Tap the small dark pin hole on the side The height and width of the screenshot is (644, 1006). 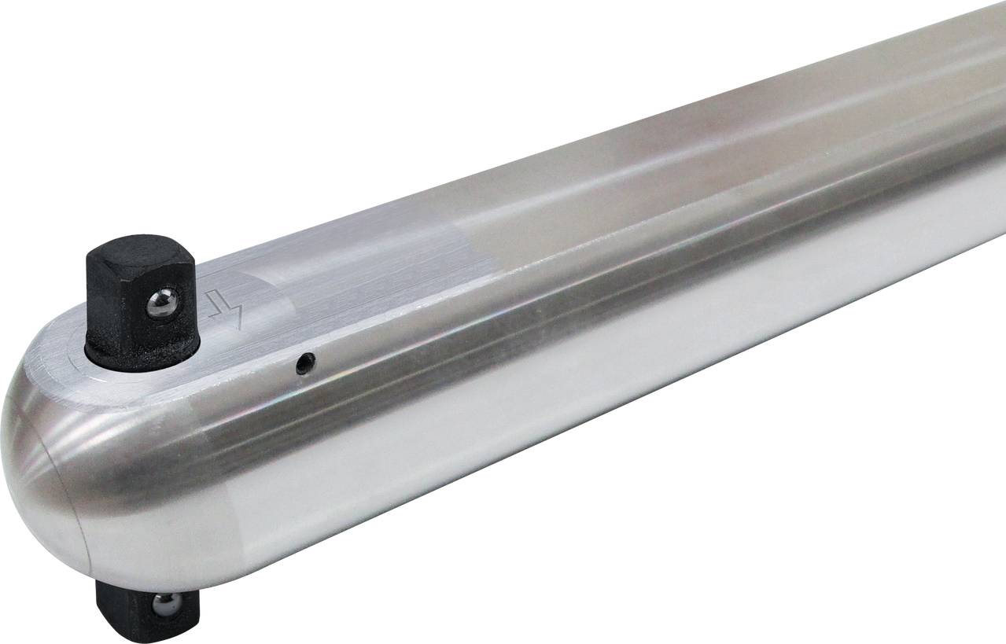[305, 363]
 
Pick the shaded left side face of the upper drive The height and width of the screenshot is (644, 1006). [102, 315]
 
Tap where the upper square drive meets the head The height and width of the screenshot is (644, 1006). [142, 363]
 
